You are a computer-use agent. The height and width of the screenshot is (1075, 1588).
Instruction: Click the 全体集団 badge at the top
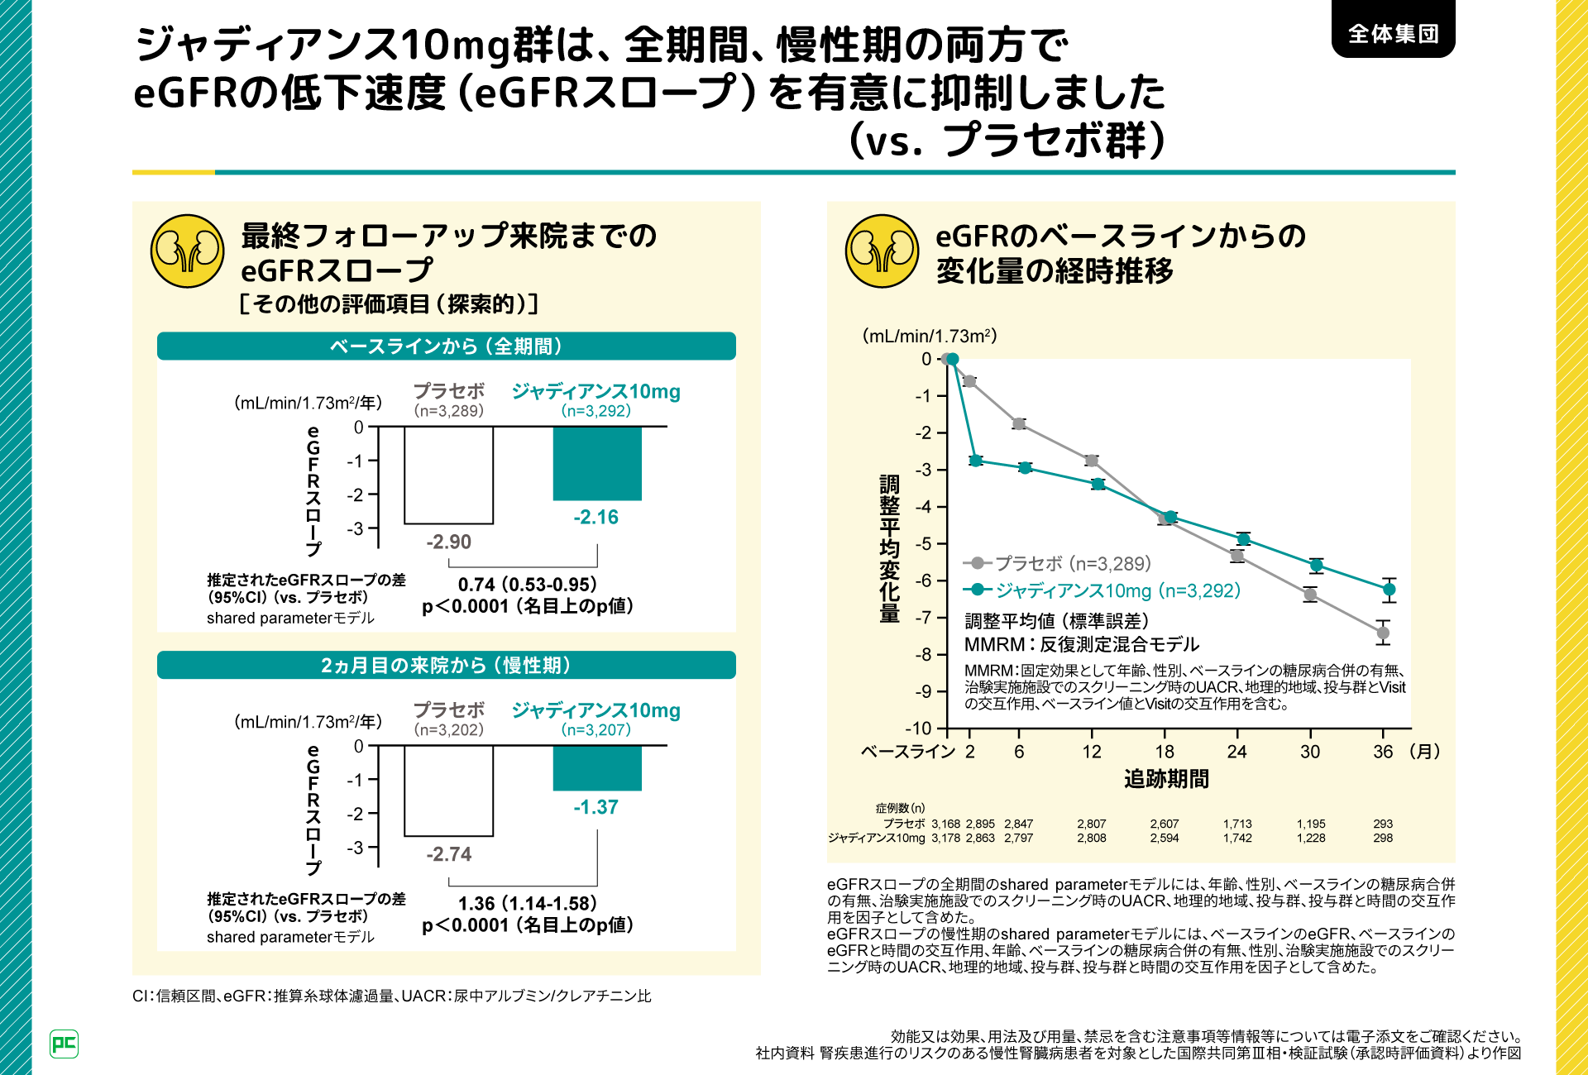click(1393, 33)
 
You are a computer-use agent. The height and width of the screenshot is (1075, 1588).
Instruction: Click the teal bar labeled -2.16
click(597, 463)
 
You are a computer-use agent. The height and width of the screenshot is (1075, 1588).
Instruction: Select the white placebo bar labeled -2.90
click(448, 475)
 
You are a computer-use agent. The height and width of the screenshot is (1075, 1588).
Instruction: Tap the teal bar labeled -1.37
click(597, 768)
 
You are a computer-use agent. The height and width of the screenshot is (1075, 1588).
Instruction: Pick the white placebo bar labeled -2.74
click(448, 791)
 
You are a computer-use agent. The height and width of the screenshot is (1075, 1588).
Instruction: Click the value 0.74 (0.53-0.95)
click(527, 585)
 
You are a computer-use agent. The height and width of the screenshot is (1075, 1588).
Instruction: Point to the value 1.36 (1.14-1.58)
click(527, 904)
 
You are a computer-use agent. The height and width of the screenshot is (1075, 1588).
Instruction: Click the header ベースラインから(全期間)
click(446, 346)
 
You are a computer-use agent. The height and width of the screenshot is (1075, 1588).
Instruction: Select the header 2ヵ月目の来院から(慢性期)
click(446, 665)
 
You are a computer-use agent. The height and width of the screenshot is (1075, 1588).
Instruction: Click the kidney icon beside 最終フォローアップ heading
click(187, 251)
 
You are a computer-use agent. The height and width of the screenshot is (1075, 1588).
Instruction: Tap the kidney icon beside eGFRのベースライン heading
click(882, 251)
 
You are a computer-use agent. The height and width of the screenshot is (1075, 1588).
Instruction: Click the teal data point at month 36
click(1389, 590)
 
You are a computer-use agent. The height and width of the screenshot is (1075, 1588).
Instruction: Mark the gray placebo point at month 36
click(1383, 633)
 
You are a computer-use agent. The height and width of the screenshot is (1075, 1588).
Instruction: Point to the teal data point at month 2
click(975, 460)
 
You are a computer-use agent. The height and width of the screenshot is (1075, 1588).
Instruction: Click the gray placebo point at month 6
click(1019, 423)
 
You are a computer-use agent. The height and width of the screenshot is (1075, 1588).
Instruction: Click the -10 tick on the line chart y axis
click(918, 729)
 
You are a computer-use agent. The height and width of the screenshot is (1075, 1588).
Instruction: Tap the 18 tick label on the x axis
click(1165, 752)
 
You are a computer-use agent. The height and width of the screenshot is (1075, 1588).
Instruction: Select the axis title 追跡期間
click(1166, 779)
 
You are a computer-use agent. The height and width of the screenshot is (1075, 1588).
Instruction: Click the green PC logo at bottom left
click(64, 1044)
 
